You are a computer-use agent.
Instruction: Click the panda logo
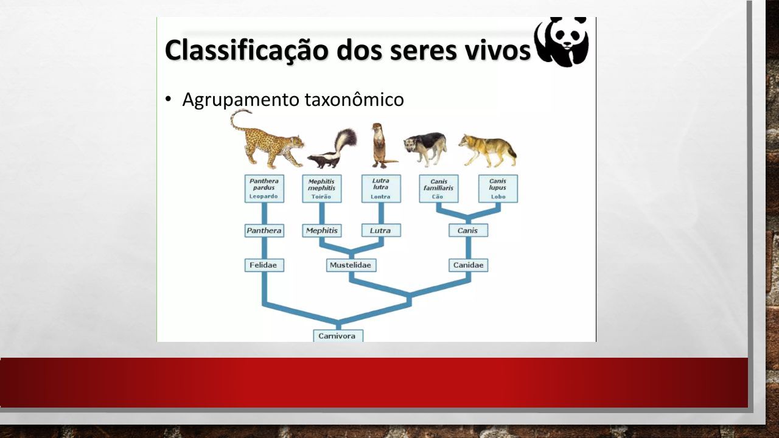pyautogui.click(x=562, y=42)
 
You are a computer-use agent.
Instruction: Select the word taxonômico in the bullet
pyautogui.click(x=354, y=99)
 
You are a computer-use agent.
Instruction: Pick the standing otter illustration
pyautogui.click(x=382, y=145)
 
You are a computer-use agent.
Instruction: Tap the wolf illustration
pyautogui.click(x=487, y=150)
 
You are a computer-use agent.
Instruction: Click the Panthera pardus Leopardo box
pyautogui.click(x=264, y=189)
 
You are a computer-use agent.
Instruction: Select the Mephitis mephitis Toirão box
pyautogui.click(x=322, y=189)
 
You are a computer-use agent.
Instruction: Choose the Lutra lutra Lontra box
pyautogui.click(x=381, y=189)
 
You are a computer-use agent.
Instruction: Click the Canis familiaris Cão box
pyautogui.click(x=439, y=189)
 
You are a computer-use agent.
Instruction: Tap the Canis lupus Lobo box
pyautogui.click(x=498, y=189)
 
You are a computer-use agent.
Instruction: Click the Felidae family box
pyautogui.click(x=264, y=265)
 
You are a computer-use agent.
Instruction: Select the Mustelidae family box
pyautogui.click(x=351, y=265)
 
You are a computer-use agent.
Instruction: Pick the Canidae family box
pyautogui.click(x=469, y=265)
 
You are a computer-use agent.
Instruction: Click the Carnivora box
pyautogui.click(x=338, y=336)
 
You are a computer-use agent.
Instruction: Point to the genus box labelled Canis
pyautogui.click(x=469, y=231)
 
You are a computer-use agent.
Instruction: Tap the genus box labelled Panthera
pyautogui.click(x=264, y=231)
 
